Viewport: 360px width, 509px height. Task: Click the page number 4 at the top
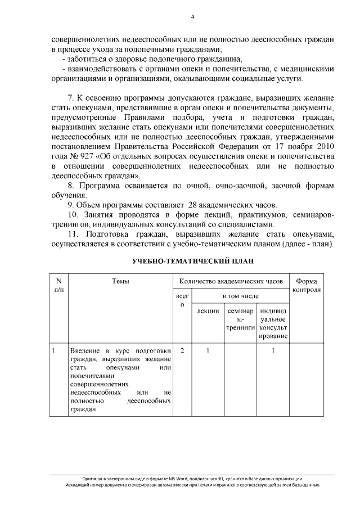tap(192, 17)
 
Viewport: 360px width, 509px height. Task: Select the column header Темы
tap(120, 281)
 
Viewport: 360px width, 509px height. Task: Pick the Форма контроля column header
tap(307, 286)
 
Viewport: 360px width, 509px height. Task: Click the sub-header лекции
tap(208, 311)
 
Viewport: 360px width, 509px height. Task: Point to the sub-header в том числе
tap(240, 295)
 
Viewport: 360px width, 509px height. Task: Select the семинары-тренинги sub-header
tap(240, 319)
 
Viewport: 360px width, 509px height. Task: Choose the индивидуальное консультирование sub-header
tap(273, 323)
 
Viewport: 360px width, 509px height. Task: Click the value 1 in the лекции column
tap(208, 351)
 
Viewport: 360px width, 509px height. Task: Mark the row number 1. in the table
tap(55, 351)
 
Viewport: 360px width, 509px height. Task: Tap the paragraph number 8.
tap(70, 185)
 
